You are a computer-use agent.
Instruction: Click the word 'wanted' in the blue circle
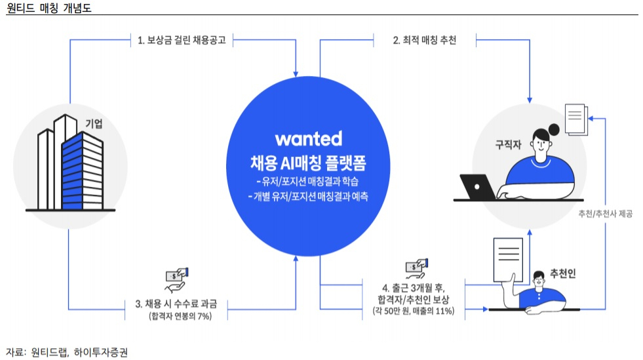pyautogui.click(x=308, y=138)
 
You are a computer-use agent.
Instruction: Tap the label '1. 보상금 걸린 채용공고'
pyautogui.click(x=182, y=40)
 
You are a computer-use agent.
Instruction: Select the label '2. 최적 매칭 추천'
pyautogui.click(x=425, y=40)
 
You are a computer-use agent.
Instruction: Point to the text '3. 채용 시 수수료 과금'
pyautogui.click(x=176, y=304)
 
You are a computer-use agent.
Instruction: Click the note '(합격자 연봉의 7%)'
pyautogui.click(x=180, y=316)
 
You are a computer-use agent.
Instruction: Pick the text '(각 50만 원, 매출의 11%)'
pyautogui.click(x=414, y=311)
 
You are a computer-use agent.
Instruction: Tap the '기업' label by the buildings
pyautogui.click(x=94, y=123)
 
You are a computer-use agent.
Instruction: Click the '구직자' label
pyautogui.click(x=508, y=144)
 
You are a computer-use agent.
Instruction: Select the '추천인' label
pyautogui.click(x=562, y=273)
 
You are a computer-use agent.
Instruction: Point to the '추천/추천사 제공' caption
pyautogui.click(x=605, y=214)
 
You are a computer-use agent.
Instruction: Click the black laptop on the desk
pyautogui.click(x=478, y=187)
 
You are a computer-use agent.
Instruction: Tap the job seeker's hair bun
pyautogui.click(x=554, y=130)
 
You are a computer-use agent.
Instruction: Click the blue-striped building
pyautogui.click(x=82, y=171)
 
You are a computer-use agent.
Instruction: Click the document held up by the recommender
pyautogui.click(x=509, y=259)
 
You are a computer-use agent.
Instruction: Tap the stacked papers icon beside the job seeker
pyautogui.click(x=576, y=119)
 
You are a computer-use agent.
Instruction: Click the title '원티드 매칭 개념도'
pyautogui.click(x=49, y=8)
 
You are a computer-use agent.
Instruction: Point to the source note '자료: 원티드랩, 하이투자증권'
pyautogui.click(x=67, y=352)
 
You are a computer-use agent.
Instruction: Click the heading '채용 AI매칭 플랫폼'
pyautogui.click(x=308, y=163)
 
